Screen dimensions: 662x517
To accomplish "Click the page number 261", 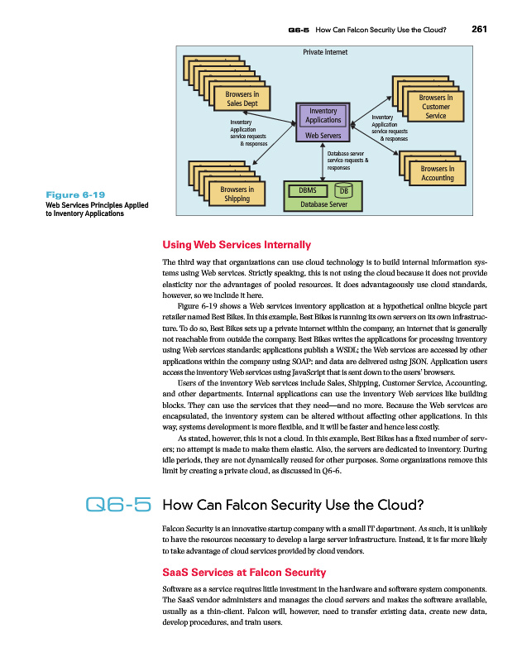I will click(480, 31).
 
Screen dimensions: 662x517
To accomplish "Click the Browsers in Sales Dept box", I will click(242, 98).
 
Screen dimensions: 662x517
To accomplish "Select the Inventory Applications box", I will click(323, 115).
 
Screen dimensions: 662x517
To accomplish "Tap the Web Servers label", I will click(323, 136).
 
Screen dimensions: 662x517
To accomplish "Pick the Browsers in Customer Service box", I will click(436, 107).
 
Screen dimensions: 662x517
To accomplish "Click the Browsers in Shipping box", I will click(237, 194).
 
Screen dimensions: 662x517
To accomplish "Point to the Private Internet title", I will click(325, 52).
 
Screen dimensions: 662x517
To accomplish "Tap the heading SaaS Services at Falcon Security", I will click(244, 573).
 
